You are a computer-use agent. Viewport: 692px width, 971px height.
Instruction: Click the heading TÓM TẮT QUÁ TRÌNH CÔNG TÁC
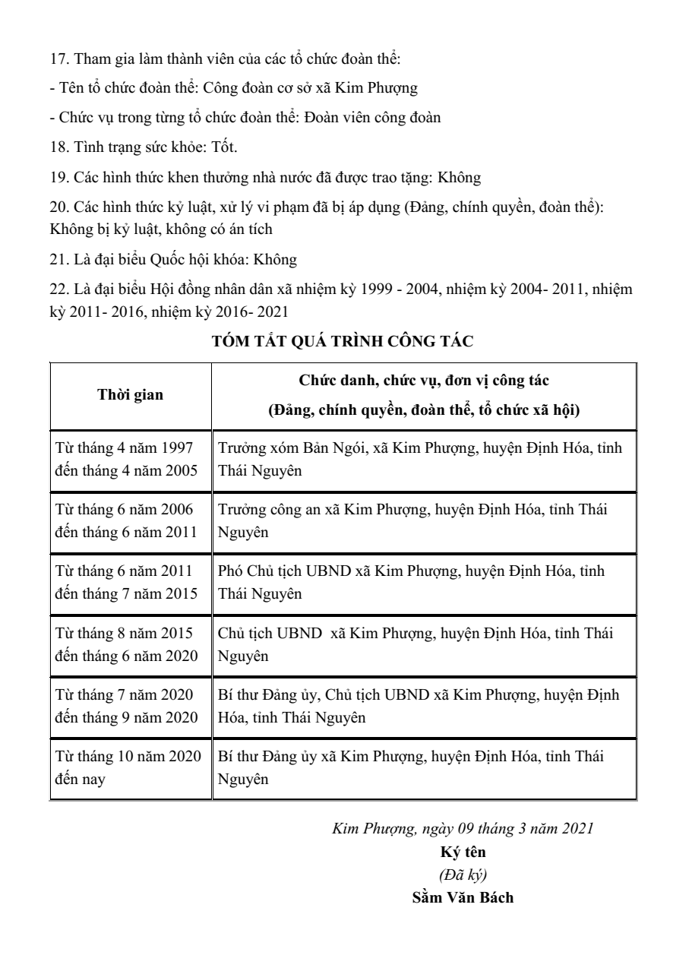coord(343,341)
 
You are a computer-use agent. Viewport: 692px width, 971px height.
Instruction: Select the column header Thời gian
coord(130,394)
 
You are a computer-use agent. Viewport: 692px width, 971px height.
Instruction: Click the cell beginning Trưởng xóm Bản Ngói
coord(424,459)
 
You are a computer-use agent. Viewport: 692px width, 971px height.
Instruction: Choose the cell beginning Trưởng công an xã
coord(424,520)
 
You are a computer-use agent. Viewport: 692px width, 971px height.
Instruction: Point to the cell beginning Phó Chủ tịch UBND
coord(424,582)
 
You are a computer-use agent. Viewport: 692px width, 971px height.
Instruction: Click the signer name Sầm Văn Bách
coord(463,897)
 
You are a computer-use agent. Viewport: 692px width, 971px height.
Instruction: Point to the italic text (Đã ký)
coord(463,875)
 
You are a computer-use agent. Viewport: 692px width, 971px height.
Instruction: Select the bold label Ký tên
coord(463,852)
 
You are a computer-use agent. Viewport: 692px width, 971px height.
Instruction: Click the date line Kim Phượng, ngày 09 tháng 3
coord(463,829)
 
